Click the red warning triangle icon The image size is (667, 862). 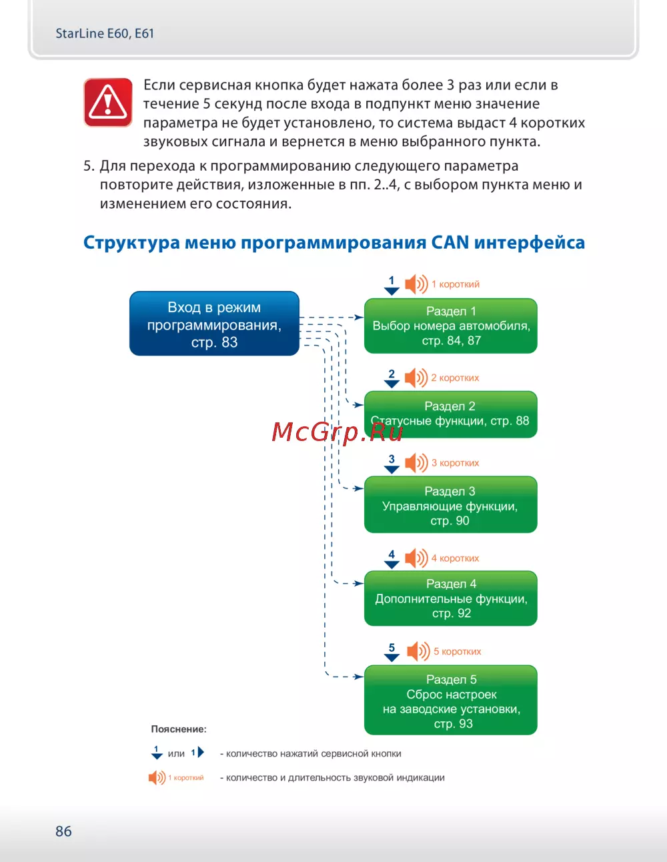(x=107, y=102)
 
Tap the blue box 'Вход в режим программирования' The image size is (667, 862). (x=214, y=324)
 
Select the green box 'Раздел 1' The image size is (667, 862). (x=451, y=326)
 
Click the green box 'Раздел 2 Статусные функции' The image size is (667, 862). (x=451, y=414)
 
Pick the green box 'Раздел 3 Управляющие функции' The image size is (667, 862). (x=451, y=505)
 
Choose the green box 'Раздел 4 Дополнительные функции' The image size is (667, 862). (x=451, y=598)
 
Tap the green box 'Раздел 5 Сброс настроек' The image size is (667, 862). (x=451, y=700)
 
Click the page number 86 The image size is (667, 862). (x=63, y=831)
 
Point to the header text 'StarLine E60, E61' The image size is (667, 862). (x=105, y=33)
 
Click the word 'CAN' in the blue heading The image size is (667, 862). (x=450, y=242)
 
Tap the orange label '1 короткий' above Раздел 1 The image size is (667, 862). (x=456, y=284)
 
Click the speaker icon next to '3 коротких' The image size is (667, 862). (x=416, y=462)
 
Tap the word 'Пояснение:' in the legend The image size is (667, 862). (x=179, y=729)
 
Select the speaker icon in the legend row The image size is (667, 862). (x=157, y=777)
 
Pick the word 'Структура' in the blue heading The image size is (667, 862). (x=131, y=242)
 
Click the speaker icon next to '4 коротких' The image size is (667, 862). (x=416, y=558)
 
